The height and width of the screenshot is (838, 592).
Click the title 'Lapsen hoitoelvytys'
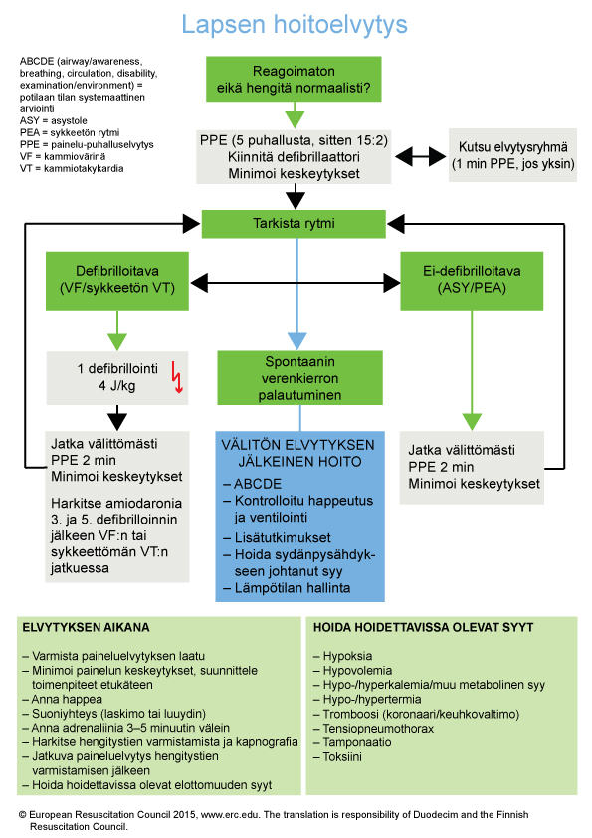coord(295,25)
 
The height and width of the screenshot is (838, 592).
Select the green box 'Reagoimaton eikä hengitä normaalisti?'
coord(294,79)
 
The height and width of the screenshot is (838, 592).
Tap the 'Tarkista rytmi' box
coord(294,223)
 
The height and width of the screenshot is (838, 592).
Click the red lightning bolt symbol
coord(177,377)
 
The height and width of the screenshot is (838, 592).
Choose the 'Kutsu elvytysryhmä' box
coord(513,155)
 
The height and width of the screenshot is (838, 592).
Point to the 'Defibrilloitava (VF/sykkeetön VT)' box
coord(117,281)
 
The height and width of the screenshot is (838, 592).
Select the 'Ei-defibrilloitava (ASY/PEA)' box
coord(472,281)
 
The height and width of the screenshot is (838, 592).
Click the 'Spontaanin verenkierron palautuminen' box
coord(299,378)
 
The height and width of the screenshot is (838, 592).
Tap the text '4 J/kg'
coord(117,385)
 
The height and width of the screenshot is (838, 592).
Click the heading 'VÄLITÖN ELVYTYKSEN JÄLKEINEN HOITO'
coord(298,453)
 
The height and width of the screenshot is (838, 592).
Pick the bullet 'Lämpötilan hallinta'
coord(287,588)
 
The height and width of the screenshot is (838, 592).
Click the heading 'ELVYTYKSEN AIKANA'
coord(86,627)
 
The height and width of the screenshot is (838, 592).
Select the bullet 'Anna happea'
coord(63,699)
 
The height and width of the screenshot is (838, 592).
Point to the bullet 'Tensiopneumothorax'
coord(373,728)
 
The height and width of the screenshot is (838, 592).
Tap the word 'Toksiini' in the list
coord(342,756)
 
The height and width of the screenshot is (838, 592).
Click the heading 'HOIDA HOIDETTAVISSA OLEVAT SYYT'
coord(423,627)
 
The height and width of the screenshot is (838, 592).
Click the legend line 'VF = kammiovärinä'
coord(63,156)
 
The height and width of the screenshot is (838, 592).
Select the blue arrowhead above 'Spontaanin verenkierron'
coord(297,341)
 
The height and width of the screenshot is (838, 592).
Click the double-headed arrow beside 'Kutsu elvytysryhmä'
coord(421,156)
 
